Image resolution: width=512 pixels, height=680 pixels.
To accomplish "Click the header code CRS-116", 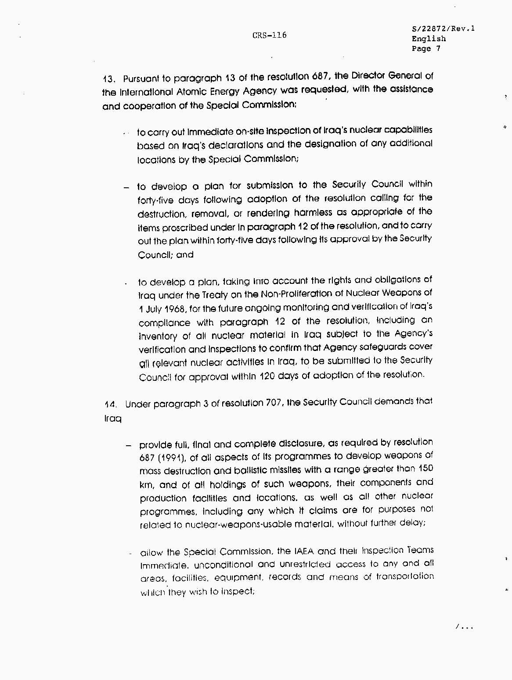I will (269, 36).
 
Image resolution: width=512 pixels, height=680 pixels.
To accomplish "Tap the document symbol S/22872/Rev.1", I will (443, 29).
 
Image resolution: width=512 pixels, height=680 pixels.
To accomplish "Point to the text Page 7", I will (425, 49).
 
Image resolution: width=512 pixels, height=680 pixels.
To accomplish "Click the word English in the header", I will (429, 39).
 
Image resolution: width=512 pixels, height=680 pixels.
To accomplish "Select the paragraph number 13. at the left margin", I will (109, 79).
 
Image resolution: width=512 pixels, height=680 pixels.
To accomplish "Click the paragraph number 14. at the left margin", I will (111, 404).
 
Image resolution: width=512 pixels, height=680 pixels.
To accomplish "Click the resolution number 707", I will (274, 403).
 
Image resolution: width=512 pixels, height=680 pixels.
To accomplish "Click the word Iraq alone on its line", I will (112, 419).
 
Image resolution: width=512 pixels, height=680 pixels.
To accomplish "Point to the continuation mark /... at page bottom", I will (464, 627).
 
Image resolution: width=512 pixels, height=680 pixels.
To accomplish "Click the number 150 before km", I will (425, 469).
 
